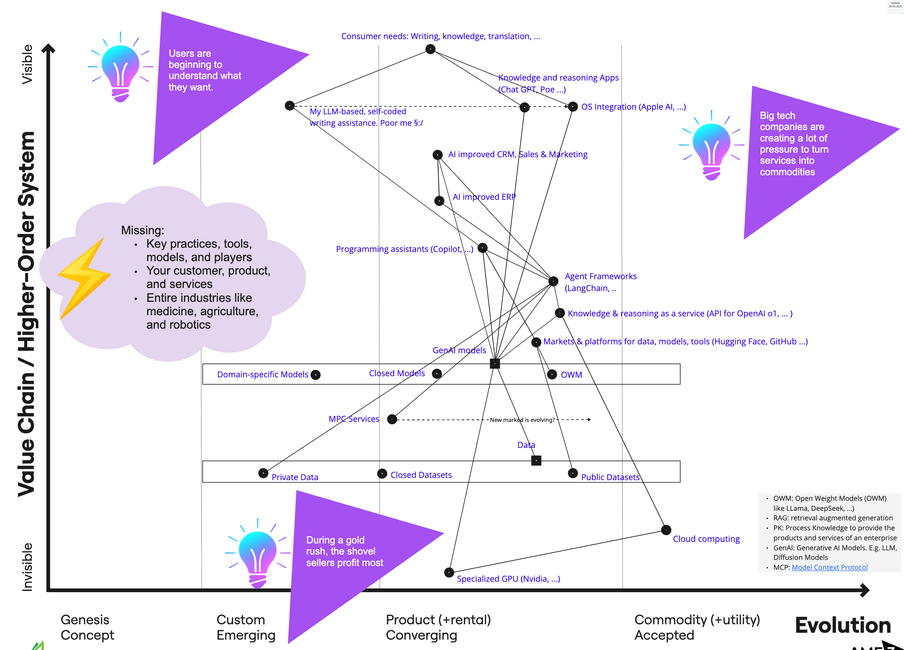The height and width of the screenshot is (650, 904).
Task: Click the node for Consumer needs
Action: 430,49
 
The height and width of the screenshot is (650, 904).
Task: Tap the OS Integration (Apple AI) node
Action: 573,107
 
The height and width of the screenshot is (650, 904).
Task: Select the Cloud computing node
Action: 666,530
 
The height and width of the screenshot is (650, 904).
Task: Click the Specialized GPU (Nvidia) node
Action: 449,572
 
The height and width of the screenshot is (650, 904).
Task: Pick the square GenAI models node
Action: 495,363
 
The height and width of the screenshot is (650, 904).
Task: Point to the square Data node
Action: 536,461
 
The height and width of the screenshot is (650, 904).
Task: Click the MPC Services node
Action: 392,419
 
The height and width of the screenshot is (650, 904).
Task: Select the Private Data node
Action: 263,473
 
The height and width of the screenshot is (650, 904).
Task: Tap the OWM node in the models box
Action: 552,374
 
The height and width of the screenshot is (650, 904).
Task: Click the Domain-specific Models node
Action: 315,375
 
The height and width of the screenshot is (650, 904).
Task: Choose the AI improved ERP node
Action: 439,201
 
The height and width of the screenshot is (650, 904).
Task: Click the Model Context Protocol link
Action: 829,567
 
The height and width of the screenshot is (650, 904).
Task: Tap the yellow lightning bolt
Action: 84,278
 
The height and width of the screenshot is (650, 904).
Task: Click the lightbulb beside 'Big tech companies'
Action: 712,145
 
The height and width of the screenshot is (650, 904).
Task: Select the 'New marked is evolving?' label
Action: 522,420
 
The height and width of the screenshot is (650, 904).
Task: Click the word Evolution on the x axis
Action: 843,625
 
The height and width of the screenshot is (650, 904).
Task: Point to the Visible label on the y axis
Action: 27,64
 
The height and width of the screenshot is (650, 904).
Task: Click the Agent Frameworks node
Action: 553,281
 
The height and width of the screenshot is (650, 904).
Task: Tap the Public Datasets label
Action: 610,477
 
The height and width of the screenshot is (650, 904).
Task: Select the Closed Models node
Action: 437,374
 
